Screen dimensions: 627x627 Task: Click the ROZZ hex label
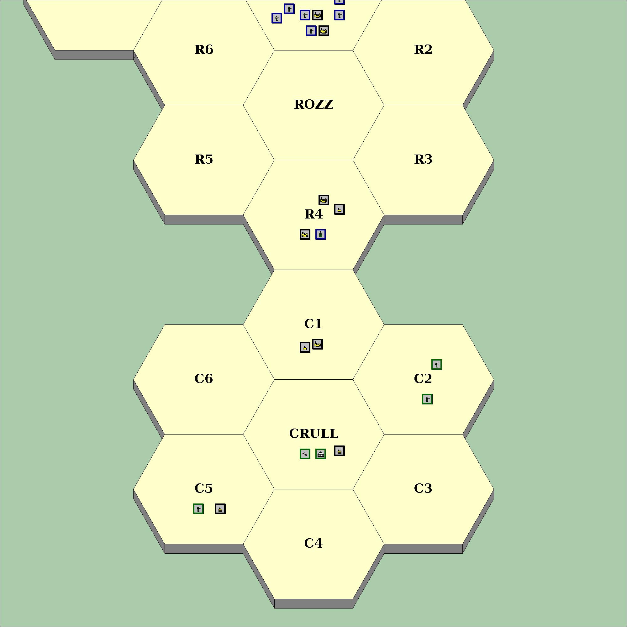click(313, 104)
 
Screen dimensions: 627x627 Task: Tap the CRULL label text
click(313, 434)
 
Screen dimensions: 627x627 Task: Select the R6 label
click(204, 50)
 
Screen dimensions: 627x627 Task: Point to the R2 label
click(423, 50)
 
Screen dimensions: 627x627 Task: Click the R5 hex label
click(204, 159)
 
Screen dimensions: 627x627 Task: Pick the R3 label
click(423, 159)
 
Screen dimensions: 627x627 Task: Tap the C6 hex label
click(204, 379)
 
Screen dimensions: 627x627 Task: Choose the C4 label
click(313, 543)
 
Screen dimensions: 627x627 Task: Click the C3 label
click(423, 488)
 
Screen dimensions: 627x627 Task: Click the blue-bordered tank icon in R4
click(321, 234)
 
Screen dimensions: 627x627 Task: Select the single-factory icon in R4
click(340, 209)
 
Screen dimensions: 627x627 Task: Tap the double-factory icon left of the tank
click(305, 234)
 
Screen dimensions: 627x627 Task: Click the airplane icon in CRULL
click(305, 454)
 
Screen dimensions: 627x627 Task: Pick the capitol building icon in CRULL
click(321, 454)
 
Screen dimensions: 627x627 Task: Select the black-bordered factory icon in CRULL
click(340, 451)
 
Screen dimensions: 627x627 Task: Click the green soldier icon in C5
click(198, 508)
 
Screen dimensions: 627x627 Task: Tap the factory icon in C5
click(220, 508)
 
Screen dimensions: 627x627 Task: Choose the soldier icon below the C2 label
click(427, 399)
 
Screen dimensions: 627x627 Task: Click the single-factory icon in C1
click(305, 347)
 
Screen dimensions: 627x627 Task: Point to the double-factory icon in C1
click(317, 344)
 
